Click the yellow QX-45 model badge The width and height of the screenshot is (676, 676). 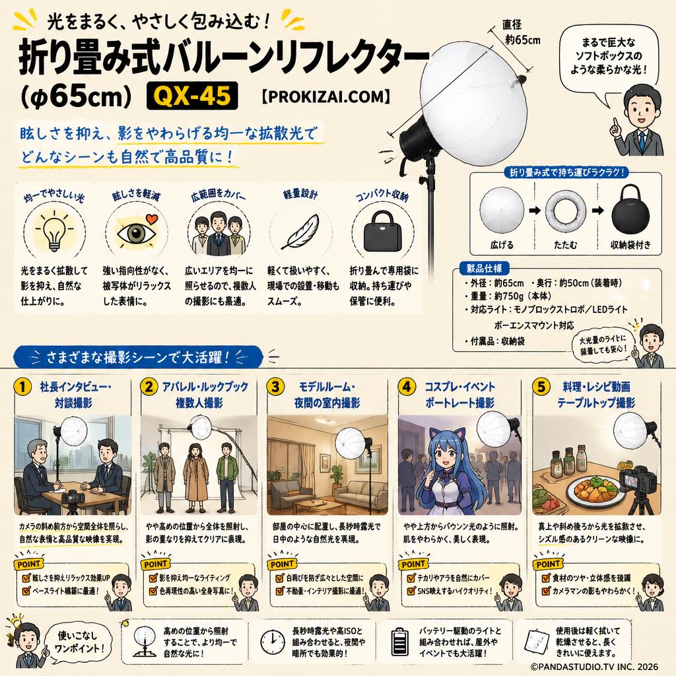coord(192,95)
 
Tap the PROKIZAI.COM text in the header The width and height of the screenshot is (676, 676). coord(326,96)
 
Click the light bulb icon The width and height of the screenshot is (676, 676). coord(54,231)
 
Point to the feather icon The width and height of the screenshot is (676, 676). coord(300,232)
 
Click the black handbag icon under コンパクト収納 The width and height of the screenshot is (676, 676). coord(383,232)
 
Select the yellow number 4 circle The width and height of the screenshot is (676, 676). coord(407,387)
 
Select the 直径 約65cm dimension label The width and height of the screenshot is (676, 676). coord(521,32)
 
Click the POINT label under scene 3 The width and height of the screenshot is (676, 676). coord(282,564)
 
